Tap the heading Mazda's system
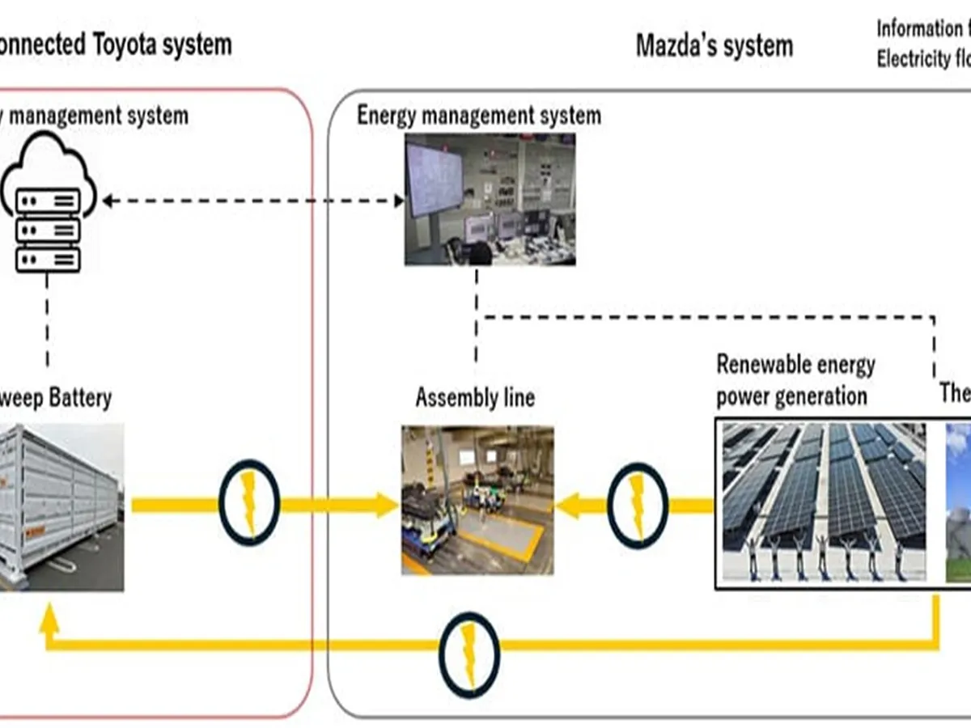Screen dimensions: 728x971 pos(714,45)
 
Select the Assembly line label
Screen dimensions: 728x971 pos(475,398)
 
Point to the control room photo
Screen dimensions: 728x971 pos(490,199)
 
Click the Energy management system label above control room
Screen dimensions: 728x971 pos(479,116)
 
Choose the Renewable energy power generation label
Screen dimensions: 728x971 pos(795,380)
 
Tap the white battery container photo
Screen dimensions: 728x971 pos(60,506)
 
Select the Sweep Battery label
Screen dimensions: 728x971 pos(57,398)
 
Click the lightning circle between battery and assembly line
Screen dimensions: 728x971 pos(249,504)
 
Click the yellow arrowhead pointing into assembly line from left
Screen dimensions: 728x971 pos(384,505)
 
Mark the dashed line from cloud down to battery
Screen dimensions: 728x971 pos(47,320)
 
